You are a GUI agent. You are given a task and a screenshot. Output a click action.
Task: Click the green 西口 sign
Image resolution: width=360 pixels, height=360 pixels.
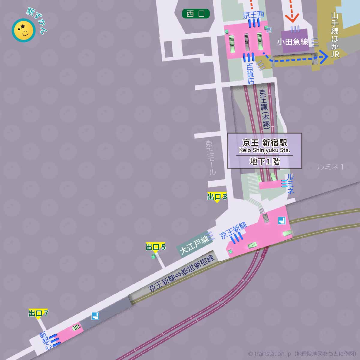coord(196,13)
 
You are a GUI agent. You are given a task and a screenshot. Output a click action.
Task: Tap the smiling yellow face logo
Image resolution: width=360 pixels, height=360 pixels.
coord(23,30)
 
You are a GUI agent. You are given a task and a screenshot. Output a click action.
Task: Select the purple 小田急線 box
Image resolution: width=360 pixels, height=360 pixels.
coord(293,41)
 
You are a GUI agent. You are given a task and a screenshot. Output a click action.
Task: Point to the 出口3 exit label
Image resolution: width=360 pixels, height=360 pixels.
coord(217,197)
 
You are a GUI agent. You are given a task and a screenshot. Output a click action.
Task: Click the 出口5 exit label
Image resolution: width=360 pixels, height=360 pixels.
coord(155,247)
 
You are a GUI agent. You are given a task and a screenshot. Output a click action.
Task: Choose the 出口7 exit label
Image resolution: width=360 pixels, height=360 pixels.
coord(38,313)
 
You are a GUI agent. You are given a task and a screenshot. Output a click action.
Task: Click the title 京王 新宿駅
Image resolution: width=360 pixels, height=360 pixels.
coord(265,142)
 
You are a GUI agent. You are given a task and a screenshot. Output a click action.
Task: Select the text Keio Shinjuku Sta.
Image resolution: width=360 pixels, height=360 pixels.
coord(265,150)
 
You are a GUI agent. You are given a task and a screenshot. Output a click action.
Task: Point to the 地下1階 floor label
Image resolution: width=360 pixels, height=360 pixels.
coord(265,162)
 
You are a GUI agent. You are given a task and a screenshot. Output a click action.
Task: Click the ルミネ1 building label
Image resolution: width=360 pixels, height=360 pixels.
coord(330,167)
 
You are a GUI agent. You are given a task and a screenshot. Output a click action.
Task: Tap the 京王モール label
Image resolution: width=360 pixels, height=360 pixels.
coord(211,158)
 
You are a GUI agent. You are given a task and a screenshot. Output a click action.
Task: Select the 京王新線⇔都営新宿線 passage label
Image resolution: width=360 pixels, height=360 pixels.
coord(181,273)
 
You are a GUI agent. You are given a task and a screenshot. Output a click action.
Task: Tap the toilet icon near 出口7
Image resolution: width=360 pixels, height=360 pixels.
coord(96,316)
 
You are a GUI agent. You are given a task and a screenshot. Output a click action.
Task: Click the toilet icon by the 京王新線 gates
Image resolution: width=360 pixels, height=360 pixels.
coord(281,221)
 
